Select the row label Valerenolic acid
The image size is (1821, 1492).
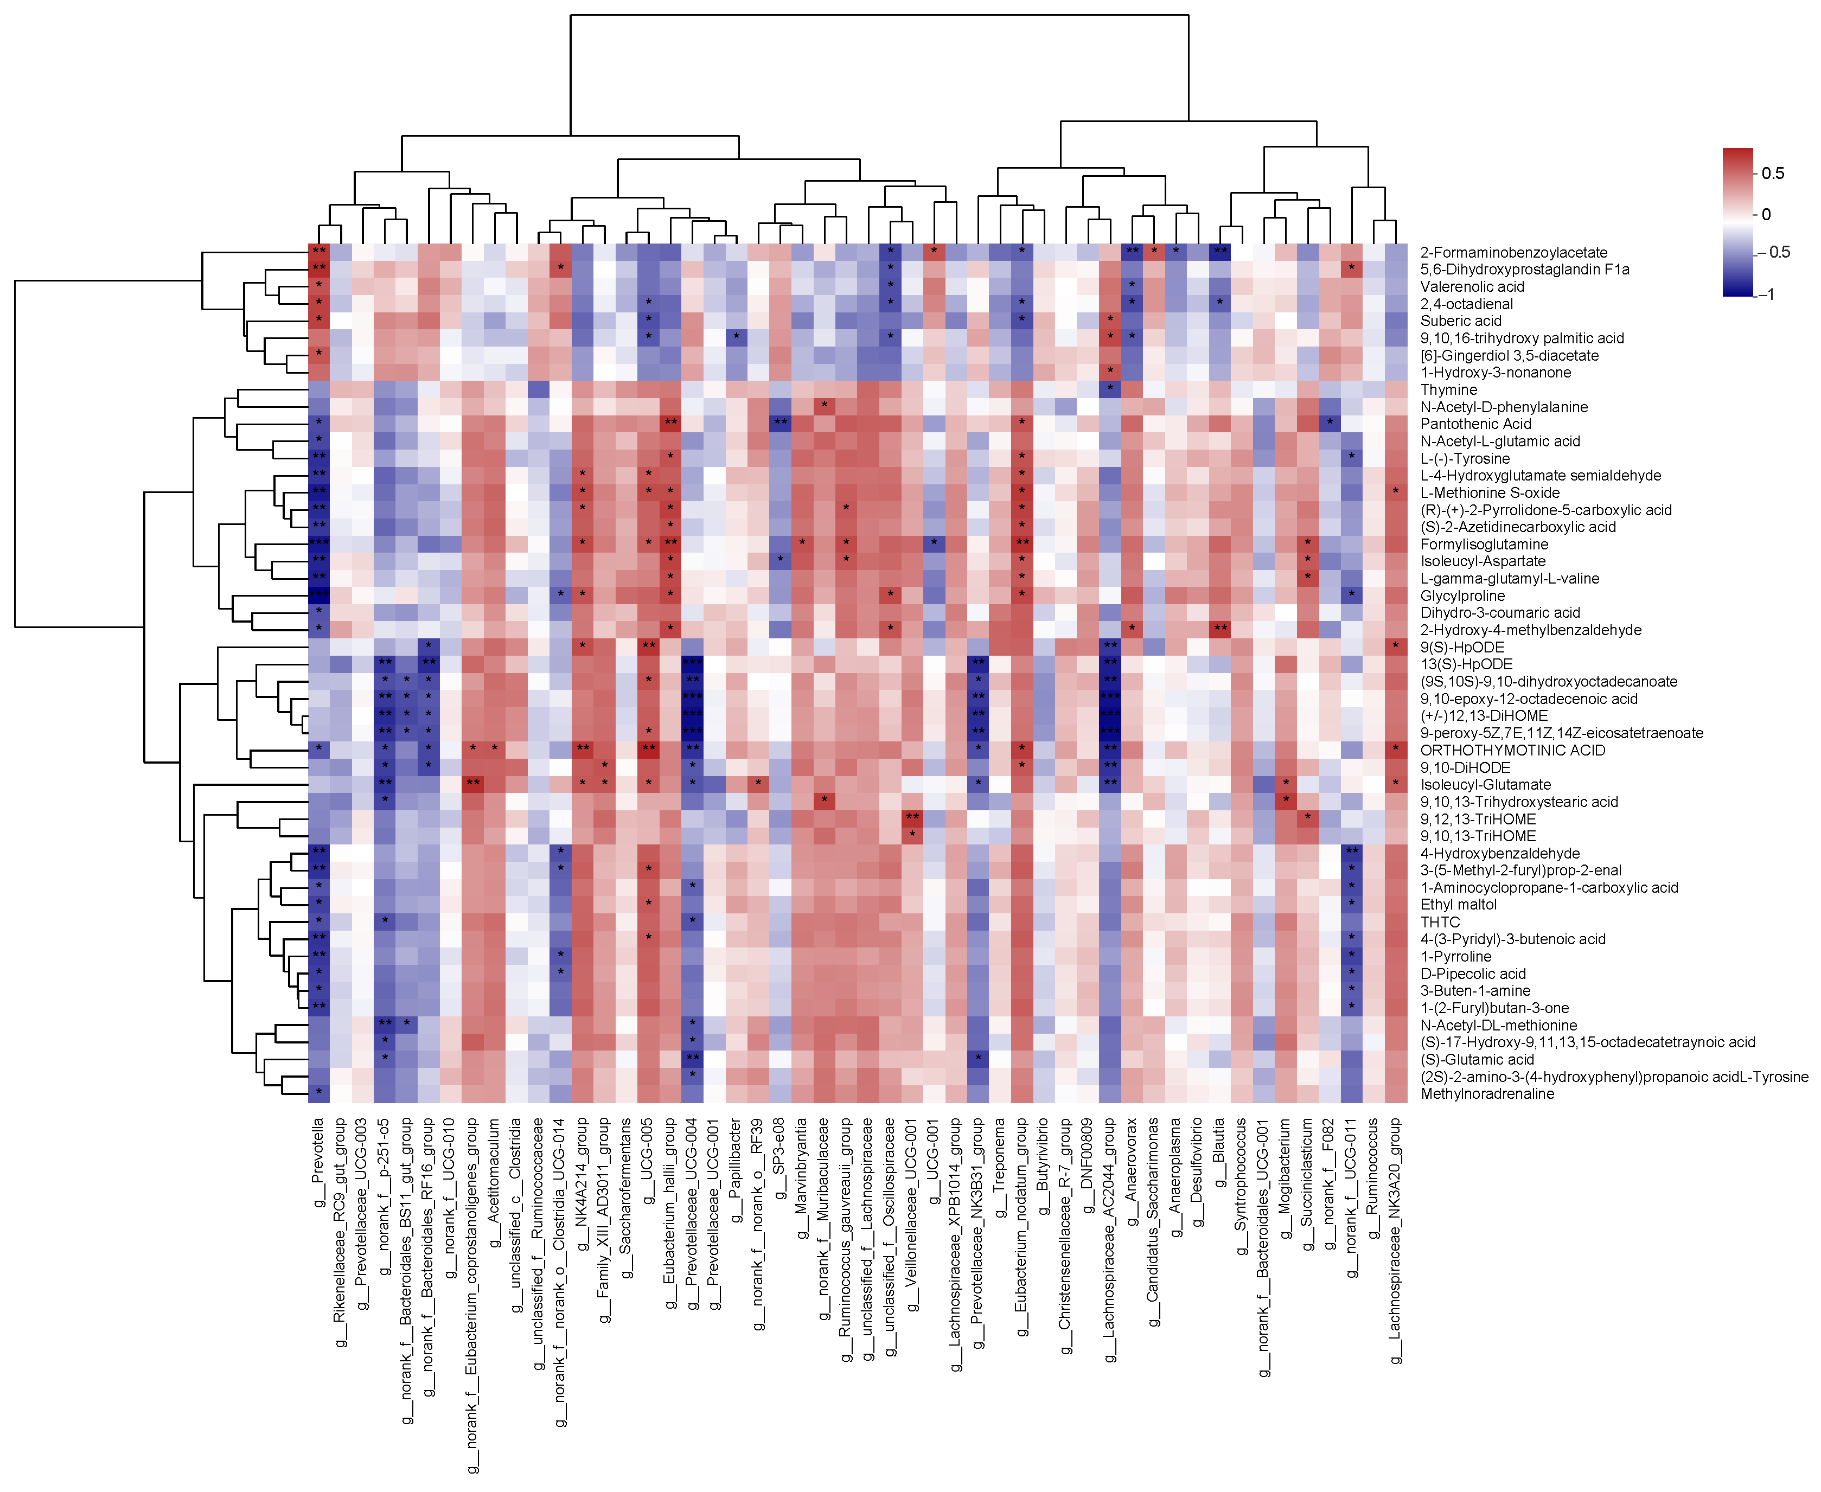pos(1472,287)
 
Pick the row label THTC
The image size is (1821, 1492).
pos(1440,922)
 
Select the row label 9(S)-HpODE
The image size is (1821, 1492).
pos(1462,647)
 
